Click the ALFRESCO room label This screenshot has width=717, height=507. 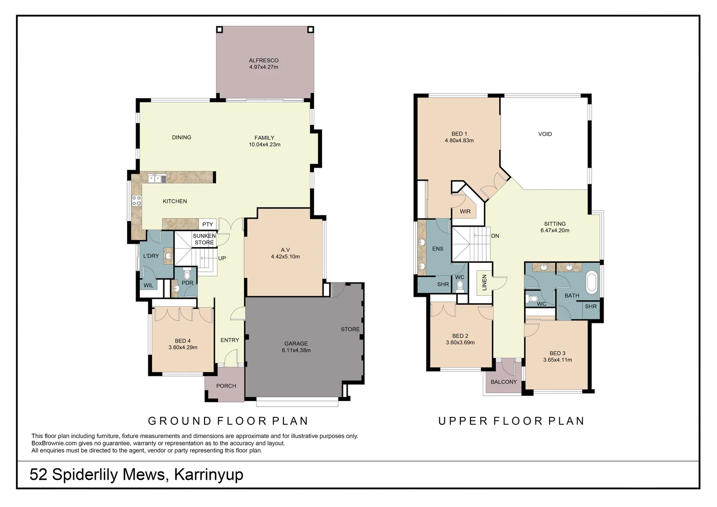pyautogui.click(x=263, y=61)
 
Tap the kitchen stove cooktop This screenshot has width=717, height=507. pyautogui.click(x=137, y=201)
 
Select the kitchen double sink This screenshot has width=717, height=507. pyautogui.click(x=157, y=178)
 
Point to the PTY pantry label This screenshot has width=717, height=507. pyautogui.click(x=207, y=224)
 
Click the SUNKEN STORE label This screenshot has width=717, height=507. pyautogui.click(x=204, y=239)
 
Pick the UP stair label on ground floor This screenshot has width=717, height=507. pyautogui.click(x=222, y=258)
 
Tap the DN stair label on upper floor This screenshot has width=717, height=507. pyautogui.click(x=495, y=236)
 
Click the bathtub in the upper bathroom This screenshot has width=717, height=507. pyautogui.click(x=592, y=282)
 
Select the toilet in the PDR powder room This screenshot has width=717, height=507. pyautogui.click(x=187, y=274)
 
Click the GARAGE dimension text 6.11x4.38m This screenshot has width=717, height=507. pyautogui.click(x=296, y=350)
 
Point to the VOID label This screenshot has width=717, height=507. pyautogui.click(x=545, y=134)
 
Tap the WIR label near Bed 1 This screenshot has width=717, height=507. pyautogui.click(x=465, y=212)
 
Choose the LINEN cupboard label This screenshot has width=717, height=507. pyautogui.click(x=484, y=283)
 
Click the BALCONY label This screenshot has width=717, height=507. pyautogui.click(x=503, y=382)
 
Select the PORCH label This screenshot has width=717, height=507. pyautogui.click(x=226, y=386)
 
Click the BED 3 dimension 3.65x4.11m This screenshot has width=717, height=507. pyautogui.click(x=557, y=360)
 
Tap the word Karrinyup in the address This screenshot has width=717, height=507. pyautogui.click(x=208, y=475)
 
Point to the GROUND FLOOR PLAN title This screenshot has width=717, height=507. pyautogui.click(x=228, y=421)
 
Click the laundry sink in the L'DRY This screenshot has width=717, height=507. pyautogui.click(x=168, y=256)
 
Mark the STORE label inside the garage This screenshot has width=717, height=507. pyautogui.click(x=350, y=330)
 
